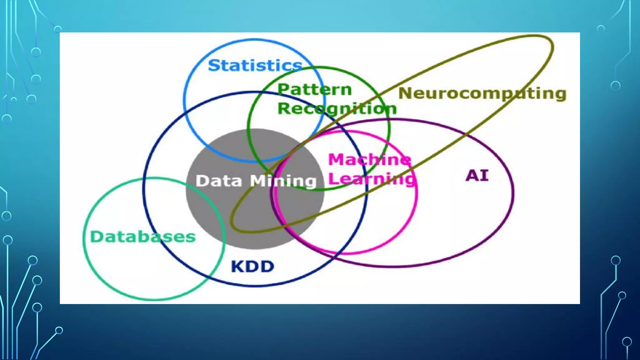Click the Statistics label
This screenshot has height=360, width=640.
point(255,66)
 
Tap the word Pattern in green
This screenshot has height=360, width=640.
point(315,90)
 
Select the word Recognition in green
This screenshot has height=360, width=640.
point(337,109)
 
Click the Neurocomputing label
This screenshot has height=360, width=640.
point(482,93)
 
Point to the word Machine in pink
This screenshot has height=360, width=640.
point(369,159)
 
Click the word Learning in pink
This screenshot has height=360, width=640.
point(372,179)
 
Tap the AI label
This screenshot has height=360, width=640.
point(477,175)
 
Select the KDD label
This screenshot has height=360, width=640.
point(252,267)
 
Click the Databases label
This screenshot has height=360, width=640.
point(143,237)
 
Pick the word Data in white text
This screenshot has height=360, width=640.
point(219,181)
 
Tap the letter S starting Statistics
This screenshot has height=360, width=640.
point(214,66)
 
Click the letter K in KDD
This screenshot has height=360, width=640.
point(238,267)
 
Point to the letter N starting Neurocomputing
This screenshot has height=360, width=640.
point(406,93)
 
